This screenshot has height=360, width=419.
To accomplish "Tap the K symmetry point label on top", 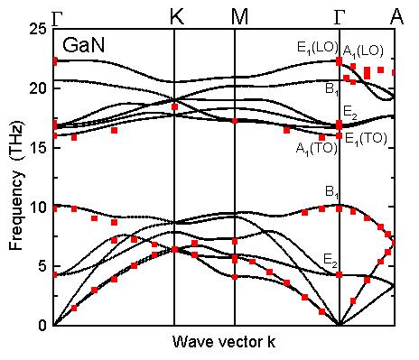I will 174,15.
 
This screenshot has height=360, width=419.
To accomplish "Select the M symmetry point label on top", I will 235,15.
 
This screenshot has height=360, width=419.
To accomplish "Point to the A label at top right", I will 396,15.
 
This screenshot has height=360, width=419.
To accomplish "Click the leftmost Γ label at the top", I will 58,15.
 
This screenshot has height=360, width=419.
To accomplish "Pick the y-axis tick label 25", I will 36,29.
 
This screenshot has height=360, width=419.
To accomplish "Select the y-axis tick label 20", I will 36,88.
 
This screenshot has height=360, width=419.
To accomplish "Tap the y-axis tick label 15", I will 36,148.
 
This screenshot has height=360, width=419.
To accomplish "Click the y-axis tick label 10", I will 36,207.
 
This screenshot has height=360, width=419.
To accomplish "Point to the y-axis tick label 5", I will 41,266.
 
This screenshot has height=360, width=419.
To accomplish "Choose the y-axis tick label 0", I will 41,325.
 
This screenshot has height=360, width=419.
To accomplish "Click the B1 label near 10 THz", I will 331,192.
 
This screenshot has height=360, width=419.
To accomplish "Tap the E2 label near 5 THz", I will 331,259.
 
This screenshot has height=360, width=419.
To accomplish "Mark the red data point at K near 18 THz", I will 174,107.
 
